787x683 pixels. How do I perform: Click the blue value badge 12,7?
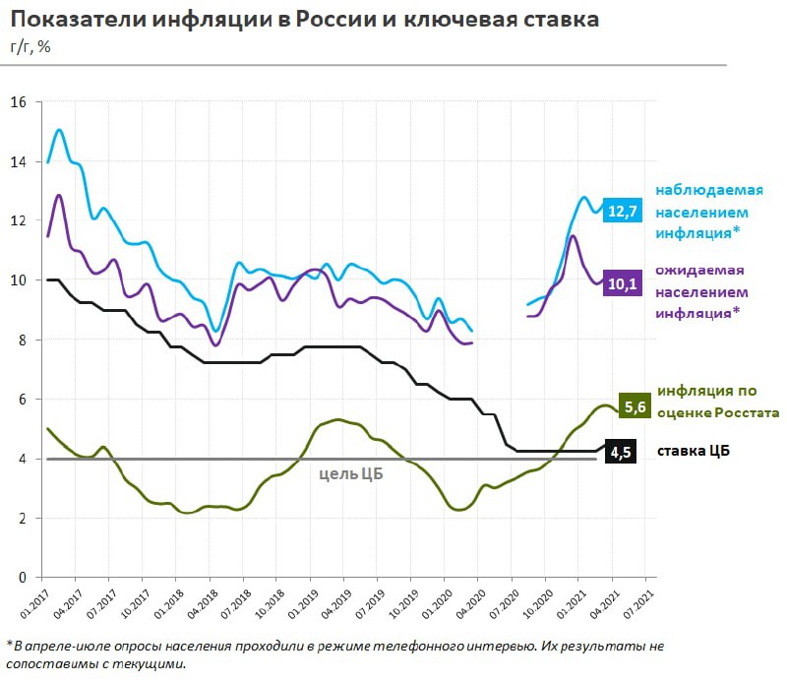[623, 211]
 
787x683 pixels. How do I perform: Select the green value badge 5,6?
[635, 404]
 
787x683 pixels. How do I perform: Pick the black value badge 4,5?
[621, 452]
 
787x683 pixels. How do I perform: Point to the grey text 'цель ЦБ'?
[351, 473]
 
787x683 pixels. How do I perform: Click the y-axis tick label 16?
[20, 102]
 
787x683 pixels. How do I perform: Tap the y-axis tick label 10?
[20, 280]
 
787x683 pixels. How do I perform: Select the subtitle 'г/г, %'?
[32, 47]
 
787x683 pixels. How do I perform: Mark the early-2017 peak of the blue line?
[60, 130]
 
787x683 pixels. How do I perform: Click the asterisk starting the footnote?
[9, 645]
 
